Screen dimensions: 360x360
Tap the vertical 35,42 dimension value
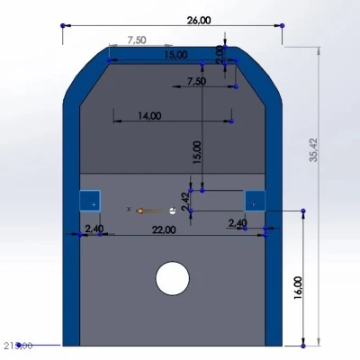click(313, 149)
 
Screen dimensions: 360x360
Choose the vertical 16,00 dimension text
click(298, 288)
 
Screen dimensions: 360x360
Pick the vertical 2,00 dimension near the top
click(220, 53)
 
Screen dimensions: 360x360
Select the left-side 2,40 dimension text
click(94, 229)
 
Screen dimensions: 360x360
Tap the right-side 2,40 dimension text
click(238, 223)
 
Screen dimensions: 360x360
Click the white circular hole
click(172, 278)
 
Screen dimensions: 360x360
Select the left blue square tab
click(90, 202)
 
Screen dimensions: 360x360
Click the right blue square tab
click(255, 202)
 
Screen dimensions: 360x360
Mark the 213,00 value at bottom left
click(18, 346)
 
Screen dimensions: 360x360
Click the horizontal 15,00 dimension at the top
click(175, 55)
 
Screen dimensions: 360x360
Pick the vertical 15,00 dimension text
click(197, 151)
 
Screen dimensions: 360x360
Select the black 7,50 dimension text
click(195, 81)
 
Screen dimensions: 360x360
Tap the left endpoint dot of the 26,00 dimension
click(61, 25)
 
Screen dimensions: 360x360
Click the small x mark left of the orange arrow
click(129, 209)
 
